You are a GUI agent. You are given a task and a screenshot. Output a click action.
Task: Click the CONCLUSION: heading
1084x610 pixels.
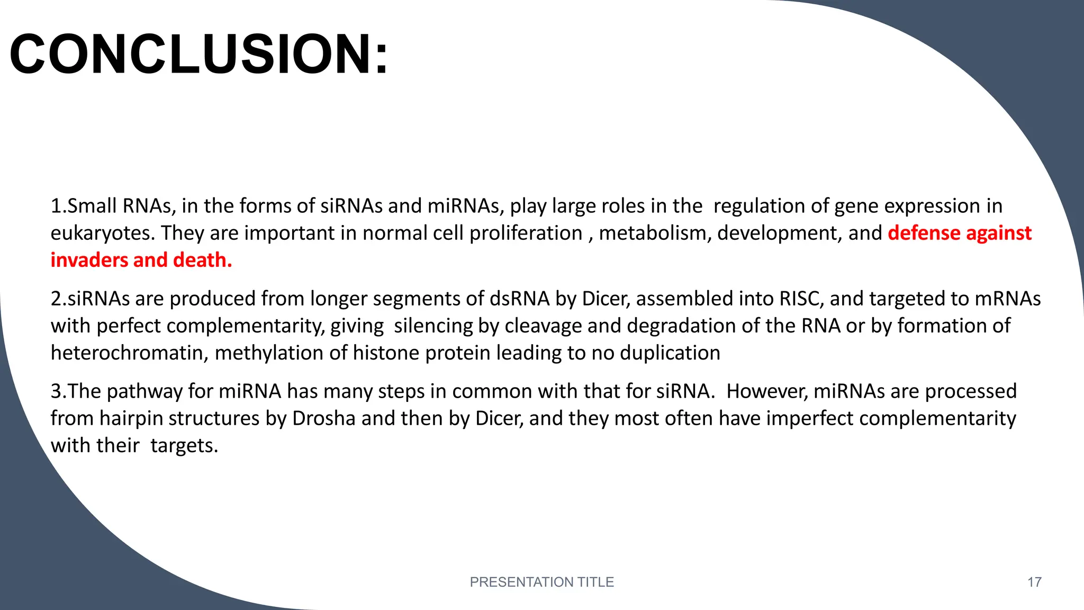click(199, 55)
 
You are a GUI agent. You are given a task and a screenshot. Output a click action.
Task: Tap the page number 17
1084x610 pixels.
click(1034, 582)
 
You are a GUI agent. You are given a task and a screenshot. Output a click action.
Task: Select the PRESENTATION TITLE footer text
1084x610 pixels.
click(541, 582)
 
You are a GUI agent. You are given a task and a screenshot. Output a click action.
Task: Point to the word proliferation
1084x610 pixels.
click(526, 234)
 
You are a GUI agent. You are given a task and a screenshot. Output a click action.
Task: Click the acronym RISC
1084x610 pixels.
click(801, 299)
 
